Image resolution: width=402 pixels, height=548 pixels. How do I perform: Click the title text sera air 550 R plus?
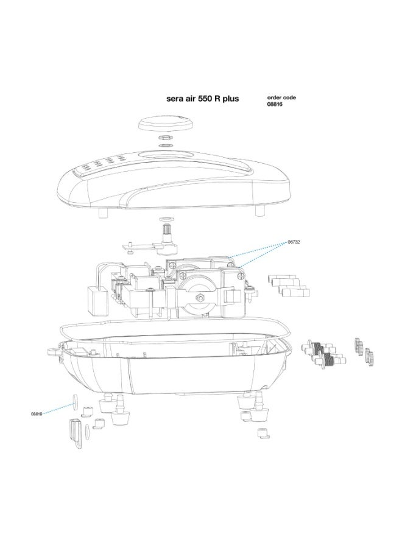pyautogui.click(x=203, y=98)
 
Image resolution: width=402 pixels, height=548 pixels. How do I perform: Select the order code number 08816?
pyautogui.click(x=275, y=104)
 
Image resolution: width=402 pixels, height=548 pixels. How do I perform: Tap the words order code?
pyautogui.click(x=282, y=97)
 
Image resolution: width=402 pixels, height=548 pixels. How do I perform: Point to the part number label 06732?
pyautogui.click(x=294, y=242)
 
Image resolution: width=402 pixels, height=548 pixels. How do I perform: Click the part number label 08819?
pyautogui.click(x=38, y=413)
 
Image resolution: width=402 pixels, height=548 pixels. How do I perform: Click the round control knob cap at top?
pyautogui.click(x=165, y=122)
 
